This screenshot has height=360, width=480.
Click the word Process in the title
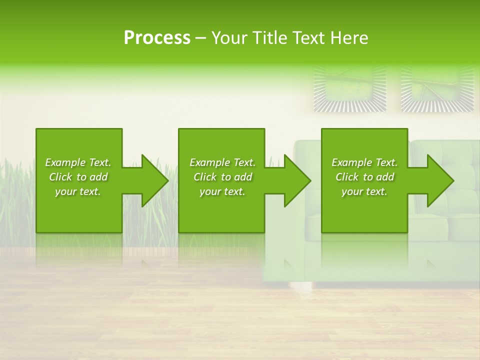click(157, 38)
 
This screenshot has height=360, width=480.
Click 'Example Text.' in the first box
click(78, 162)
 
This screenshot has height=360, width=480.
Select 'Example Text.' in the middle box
click(222, 162)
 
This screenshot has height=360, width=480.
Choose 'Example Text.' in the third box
click(364, 162)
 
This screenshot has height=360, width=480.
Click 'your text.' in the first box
click(78, 191)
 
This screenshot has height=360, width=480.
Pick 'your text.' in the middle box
click(222, 191)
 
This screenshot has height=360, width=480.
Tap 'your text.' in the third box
click(364, 191)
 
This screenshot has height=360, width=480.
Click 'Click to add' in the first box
click(78, 177)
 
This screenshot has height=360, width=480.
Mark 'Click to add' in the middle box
click(222, 177)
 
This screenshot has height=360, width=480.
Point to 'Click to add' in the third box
click(364, 177)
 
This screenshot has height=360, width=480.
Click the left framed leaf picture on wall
click(350, 89)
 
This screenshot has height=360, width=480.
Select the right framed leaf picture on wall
click(437, 89)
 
